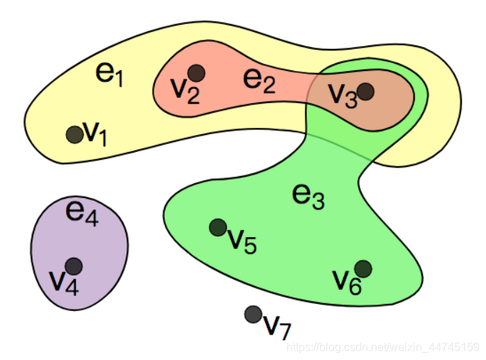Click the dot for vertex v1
pos(74,133)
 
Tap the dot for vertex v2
pos(197,72)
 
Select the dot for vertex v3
pos(365,91)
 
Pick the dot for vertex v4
pos(73,266)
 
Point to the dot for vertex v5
pos(217,227)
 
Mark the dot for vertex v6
pos(363,268)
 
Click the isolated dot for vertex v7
pos(252,314)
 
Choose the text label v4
pos(63,280)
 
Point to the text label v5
pos(242,241)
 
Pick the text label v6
pos(347,281)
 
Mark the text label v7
pos(277,326)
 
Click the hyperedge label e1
pos(109,74)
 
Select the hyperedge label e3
pos(308,195)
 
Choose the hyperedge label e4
pos(81,212)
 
